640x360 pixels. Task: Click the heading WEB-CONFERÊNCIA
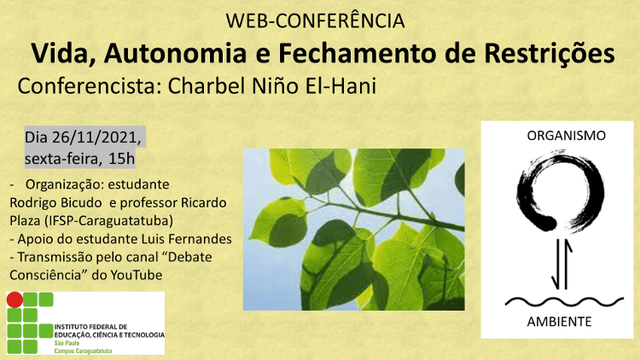(x=315, y=21)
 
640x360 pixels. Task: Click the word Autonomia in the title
(x=176, y=54)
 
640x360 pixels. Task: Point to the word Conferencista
(x=84, y=86)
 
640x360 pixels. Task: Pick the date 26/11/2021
(x=96, y=137)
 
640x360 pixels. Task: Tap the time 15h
(x=121, y=159)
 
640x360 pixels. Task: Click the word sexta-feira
(x=63, y=159)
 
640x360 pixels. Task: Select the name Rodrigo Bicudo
(x=55, y=202)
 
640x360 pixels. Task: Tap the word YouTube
(x=137, y=275)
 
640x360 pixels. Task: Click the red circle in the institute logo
(x=15, y=300)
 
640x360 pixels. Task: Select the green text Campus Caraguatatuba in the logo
(x=83, y=351)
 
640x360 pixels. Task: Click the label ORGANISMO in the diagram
(x=566, y=136)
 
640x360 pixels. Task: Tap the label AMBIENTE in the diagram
(x=559, y=322)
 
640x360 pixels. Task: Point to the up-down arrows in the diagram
(x=561, y=264)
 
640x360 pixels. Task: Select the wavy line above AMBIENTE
(x=565, y=302)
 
